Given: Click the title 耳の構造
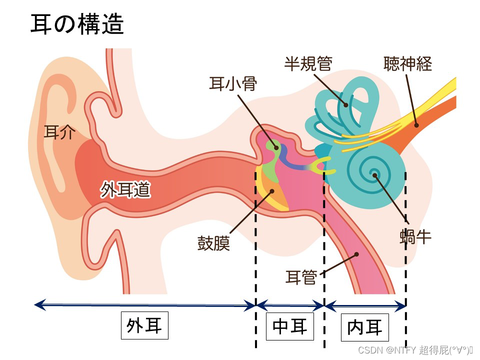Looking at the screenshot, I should coord(77,24).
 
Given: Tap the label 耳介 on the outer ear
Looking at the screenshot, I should coord(60,132).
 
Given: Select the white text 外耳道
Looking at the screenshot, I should coord(125,190).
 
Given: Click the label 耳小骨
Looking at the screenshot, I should coord(232,84).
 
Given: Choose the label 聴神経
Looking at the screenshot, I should coord(407,64).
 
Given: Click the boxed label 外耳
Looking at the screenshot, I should coord(144,326).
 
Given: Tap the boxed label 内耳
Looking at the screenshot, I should coord(364,327).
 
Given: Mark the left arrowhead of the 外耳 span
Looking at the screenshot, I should coord(38,303).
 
